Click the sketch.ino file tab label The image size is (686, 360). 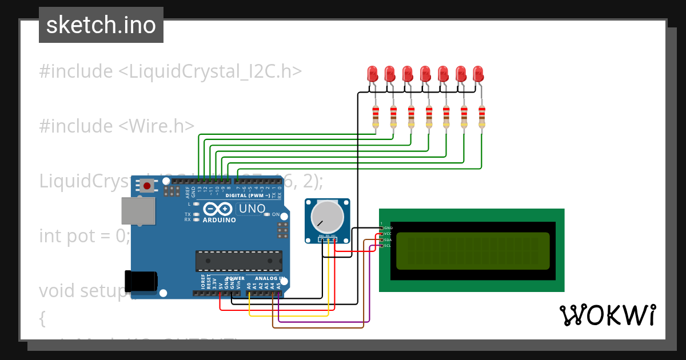(101, 25)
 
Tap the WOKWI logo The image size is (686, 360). (607, 315)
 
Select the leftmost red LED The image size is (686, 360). (372, 74)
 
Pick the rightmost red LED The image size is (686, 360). (478, 74)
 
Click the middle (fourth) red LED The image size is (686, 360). (425, 74)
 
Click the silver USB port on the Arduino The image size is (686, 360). (138, 211)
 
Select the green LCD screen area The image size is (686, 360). (472, 251)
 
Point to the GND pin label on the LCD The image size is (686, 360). (388, 227)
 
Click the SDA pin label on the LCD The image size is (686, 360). (388, 239)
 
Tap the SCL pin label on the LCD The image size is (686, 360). (388, 246)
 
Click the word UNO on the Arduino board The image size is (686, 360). (252, 209)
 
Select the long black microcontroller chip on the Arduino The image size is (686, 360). (238, 261)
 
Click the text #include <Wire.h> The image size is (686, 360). (117, 126)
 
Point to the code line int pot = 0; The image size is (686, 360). (85, 235)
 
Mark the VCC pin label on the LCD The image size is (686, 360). (388, 234)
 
